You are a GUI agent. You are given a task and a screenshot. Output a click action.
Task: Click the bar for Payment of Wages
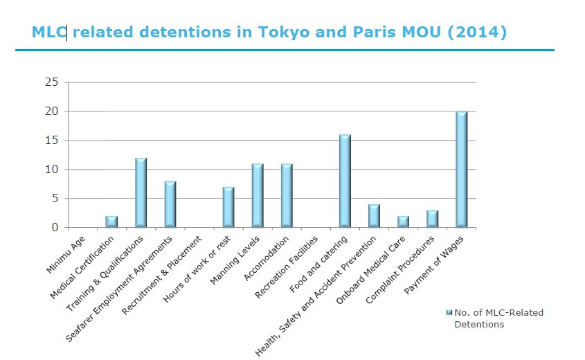(461, 170)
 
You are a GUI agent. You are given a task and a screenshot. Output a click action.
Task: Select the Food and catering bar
(345, 181)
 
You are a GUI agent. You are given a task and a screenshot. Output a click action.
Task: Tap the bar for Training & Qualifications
(141, 193)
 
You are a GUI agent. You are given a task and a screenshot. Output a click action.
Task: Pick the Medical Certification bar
(111, 222)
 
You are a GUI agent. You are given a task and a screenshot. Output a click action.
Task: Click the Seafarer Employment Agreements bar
(170, 204)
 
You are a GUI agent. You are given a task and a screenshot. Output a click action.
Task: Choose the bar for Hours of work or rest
(228, 207)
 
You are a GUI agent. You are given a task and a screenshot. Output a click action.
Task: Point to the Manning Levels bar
(258, 196)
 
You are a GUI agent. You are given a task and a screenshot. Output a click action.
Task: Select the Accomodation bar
(287, 196)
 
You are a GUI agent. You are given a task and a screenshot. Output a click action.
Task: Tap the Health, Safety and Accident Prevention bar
(374, 216)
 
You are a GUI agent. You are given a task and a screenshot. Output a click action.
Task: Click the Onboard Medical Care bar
(403, 222)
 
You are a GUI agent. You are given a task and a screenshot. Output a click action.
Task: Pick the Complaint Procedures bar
(432, 219)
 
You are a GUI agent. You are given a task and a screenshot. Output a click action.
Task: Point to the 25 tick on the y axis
(51, 82)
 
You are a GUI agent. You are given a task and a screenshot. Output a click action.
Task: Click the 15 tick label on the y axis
(51, 141)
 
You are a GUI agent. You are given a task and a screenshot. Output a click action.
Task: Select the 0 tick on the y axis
(54, 228)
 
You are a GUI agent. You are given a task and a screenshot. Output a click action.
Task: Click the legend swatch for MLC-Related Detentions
(449, 313)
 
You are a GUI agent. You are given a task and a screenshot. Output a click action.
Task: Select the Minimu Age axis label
(71, 253)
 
